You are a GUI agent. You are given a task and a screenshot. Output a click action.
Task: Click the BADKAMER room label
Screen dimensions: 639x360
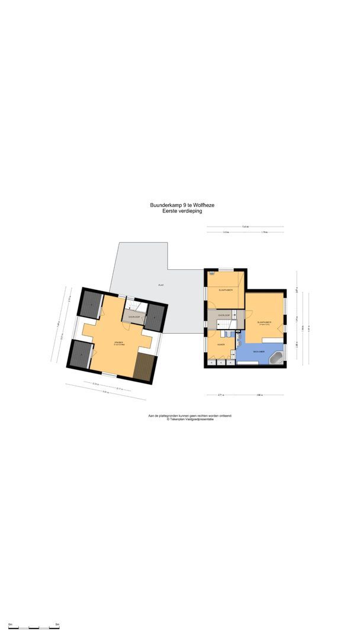click(x=258, y=351)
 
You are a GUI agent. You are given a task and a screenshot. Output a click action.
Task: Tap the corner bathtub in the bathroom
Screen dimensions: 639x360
click(x=277, y=358)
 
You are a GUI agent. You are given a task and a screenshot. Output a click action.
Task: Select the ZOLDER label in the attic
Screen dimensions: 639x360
click(x=119, y=343)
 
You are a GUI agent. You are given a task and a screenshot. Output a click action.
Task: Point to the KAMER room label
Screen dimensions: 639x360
click(x=220, y=344)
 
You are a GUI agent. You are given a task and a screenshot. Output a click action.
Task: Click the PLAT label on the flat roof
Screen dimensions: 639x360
click(x=160, y=285)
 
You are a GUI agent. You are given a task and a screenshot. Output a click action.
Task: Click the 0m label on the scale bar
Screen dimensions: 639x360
click(x=10, y=624)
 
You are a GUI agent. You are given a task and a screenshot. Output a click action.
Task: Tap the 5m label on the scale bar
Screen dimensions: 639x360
click(x=57, y=624)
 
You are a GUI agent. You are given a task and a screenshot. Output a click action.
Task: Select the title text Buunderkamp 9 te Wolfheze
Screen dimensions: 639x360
click(x=182, y=205)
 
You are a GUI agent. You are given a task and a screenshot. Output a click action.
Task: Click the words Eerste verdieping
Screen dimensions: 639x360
click(x=182, y=211)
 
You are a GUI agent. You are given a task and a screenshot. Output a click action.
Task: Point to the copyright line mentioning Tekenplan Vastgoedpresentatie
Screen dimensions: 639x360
click(x=189, y=419)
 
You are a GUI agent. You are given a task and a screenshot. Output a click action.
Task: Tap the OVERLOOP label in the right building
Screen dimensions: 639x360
click(x=224, y=316)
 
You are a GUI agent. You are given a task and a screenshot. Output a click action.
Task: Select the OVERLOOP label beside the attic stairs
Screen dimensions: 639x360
click(x=134, y=317)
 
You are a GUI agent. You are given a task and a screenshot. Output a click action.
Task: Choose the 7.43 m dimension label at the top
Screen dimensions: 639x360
click(x=245, y=227)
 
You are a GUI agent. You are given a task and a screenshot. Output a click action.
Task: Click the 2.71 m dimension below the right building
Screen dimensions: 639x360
click(x=220, y=395)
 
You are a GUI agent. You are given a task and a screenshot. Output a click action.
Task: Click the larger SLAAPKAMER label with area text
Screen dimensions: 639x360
click(x=263, y=323)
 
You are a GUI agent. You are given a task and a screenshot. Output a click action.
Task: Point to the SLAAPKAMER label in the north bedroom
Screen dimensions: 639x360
click(x=225, y=291)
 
